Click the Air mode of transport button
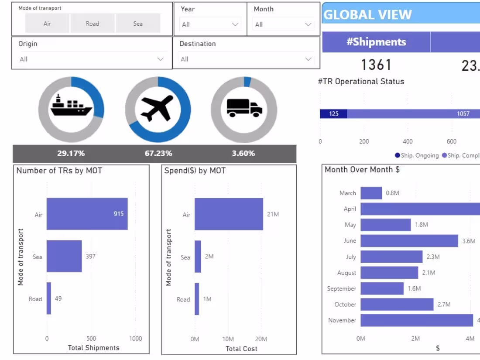47,24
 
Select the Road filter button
93,24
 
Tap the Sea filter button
138,24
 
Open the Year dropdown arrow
235,24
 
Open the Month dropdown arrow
309,24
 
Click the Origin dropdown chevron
160,59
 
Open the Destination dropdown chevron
309,59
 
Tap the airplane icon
157,108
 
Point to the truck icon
244,108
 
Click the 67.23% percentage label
158,154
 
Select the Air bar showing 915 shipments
87,214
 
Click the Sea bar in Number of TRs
64,256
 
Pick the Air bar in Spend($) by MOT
229,214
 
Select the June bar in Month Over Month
409,241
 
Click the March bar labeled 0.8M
371,193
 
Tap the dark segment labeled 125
333,114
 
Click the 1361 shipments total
376,65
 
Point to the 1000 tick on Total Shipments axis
135,338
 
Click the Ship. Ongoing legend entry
417,155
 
